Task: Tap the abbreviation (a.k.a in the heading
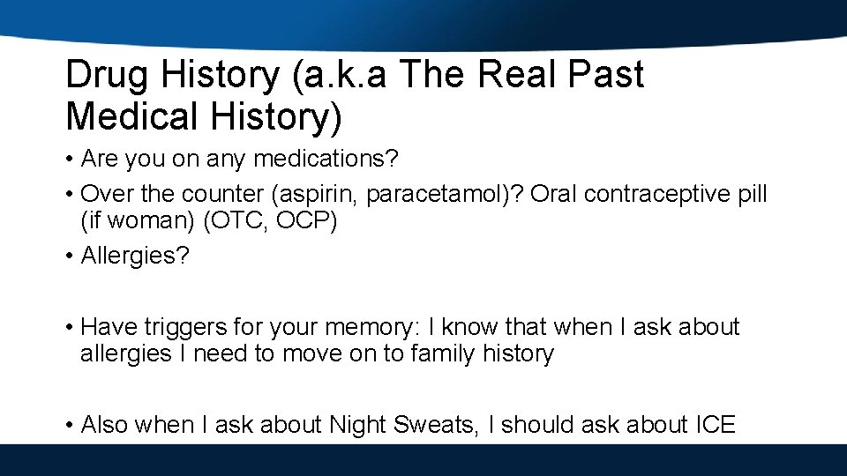(340, 77)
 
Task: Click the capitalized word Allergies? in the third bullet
(135, 257)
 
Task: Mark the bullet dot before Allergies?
(70, 257)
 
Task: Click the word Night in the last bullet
(359, 425)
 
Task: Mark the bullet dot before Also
(70, 425)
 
